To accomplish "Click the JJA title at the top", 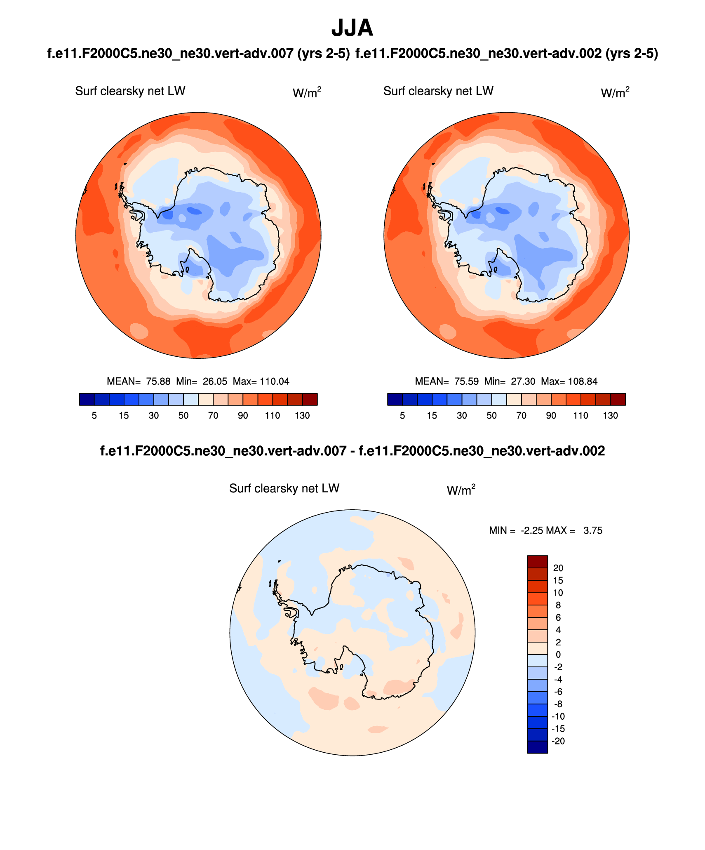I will click(352, 28).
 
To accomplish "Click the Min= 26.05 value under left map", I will click(202, 381).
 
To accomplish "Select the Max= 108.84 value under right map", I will click(569, 381).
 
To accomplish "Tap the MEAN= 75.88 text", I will click(138, 381).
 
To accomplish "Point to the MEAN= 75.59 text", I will click(446, 381).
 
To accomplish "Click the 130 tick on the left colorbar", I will click(302, 416).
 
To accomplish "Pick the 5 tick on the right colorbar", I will click(402, 416).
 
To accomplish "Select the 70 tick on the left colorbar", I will click(213, 416).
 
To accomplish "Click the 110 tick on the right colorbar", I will click(580, 416).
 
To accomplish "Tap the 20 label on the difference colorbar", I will click(558, 568).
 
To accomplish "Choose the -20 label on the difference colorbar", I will click(558, 741).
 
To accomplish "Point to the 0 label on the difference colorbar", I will click(558, 655).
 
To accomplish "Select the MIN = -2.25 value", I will click(515, 530).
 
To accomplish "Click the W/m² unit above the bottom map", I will click(461, 490).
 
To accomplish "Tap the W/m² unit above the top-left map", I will click(307, 93).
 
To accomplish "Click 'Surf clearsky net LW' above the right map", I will click(438, 91).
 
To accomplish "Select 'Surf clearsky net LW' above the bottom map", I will click(284, 488).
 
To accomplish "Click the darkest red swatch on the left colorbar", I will click(310, 400).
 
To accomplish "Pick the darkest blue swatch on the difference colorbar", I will click(537, 747).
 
